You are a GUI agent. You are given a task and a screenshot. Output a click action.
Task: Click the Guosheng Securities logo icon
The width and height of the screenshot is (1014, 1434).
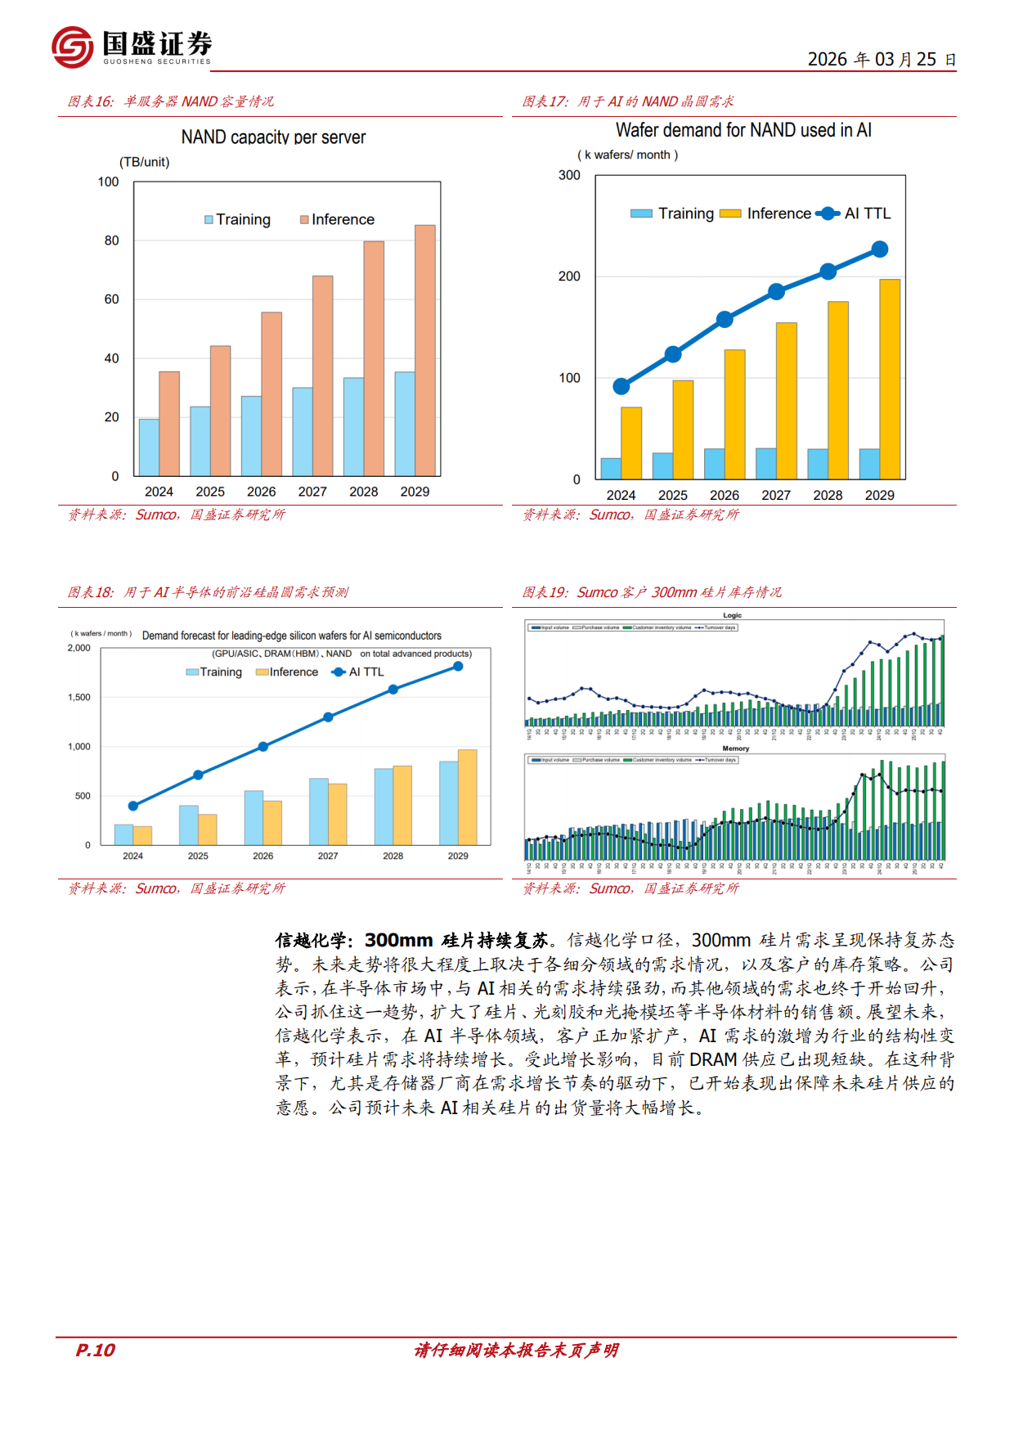[x=72, y=47]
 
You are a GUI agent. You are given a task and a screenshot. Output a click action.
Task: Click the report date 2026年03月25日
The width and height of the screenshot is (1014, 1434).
[x=882, y=60]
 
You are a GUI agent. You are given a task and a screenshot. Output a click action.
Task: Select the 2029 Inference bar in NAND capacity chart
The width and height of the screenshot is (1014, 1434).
[x=425, y=350]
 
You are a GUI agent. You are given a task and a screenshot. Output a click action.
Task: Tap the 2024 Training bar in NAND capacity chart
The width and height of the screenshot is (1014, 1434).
[x=149, y=447]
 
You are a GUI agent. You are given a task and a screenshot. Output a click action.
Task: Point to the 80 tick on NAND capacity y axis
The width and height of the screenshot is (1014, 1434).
[x=112, y=240]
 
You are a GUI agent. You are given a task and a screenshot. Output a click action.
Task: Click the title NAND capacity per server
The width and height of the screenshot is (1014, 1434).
[x=273, y=137]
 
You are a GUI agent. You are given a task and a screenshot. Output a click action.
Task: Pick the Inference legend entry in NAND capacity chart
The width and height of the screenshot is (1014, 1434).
[x=337, y=219]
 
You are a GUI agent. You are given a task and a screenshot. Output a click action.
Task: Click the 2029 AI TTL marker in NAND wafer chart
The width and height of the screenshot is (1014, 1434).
[x=880, y=249]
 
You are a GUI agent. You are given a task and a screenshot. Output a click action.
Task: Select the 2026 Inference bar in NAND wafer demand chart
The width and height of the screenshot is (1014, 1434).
[x=734, y=414]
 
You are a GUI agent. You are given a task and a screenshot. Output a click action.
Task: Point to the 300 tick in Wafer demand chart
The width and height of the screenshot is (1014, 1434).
[x=569, y=175]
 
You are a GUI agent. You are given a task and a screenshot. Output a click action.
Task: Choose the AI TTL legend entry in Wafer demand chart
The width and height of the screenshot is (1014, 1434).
[x=855, y=214]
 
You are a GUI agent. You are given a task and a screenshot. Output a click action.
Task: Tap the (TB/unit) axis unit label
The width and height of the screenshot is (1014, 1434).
[x=145, y=162]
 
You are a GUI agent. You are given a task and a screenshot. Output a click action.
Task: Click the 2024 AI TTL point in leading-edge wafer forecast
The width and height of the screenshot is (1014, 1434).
[x=133, y=806]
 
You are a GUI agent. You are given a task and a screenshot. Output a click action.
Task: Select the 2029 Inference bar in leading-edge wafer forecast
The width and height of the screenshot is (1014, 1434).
[x=468, y=798]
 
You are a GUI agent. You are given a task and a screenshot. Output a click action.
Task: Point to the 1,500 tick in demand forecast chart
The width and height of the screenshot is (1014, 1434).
[x=79, y=697]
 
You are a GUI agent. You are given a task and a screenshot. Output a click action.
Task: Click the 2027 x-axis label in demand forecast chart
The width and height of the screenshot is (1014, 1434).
[x=328, y=856]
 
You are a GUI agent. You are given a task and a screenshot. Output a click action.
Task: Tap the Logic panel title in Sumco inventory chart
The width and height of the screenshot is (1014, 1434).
[x=732, y=615]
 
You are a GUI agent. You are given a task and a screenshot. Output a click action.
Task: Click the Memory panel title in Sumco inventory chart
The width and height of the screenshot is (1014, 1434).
[x=735, y=748]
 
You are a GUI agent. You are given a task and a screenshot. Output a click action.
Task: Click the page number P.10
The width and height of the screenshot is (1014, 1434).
[x=96, y=1351]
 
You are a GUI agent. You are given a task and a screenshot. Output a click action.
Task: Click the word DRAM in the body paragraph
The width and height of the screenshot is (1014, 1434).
[x=713, y=1060]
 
